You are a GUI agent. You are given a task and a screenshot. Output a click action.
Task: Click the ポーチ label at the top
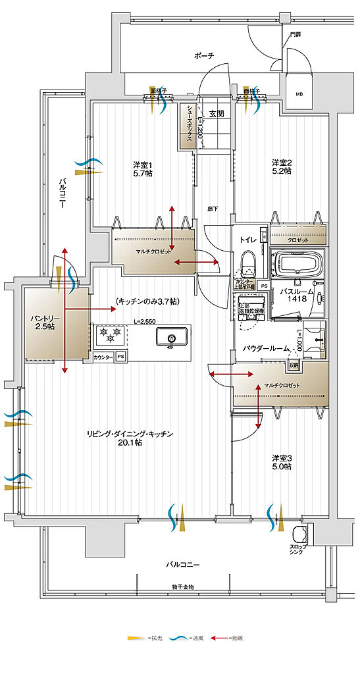click(204, 57)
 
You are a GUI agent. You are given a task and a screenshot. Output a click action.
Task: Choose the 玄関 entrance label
click(217, 114)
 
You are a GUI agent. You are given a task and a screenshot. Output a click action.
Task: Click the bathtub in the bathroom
click(298, 265)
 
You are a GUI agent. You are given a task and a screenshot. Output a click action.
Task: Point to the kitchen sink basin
click(171, 338)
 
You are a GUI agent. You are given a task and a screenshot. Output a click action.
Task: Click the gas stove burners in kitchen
click(110, 335)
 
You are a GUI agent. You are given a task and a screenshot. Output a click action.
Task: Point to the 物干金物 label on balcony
click(180, 586)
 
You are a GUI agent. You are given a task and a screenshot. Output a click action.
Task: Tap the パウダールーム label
click(263, 346)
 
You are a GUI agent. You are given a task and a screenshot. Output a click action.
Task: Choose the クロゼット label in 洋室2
click(297, 240)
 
